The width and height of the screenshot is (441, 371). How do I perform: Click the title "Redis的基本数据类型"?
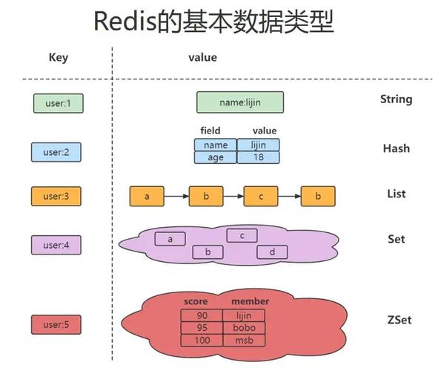coord(213,22)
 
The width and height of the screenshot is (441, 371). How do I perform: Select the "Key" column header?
coord(58,58)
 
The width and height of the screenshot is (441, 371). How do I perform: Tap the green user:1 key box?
coord(58,103)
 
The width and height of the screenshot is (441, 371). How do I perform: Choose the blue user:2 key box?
coord(55,152)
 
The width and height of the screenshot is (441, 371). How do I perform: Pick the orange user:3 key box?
coord(55,197)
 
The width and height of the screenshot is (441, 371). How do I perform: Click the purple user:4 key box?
coord(56,245)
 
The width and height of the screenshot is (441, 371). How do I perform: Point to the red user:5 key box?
coord(56,324)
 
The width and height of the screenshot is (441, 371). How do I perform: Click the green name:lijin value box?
coord(239,102)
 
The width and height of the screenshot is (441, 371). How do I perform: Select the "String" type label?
coord(396,99)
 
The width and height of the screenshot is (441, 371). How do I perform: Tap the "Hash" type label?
coord(396,148)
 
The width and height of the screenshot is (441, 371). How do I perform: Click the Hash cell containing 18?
coord(259,157)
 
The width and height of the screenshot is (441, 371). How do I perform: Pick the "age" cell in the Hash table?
coord(216,157)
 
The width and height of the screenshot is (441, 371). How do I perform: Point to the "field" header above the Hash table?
coord(210,131)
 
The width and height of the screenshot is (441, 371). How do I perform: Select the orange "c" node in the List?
coord(261,197)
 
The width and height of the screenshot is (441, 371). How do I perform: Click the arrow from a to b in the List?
coord(176,197)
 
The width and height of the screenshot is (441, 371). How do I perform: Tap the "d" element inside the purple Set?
coord(272,252)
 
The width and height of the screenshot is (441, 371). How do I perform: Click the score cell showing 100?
coord(201,340)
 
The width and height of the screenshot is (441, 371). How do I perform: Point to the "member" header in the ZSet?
coord(250,301)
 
